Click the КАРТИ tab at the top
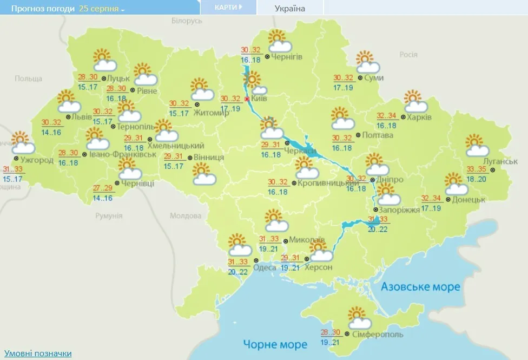227,8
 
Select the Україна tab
289,8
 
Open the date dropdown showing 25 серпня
102,9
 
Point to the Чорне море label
275,344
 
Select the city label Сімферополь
377,335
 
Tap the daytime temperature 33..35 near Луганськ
477,169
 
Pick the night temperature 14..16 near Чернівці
103,198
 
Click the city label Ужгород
37,160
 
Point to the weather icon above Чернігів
279,41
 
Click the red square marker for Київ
247,99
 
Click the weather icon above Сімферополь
359,318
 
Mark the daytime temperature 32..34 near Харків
386,116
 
